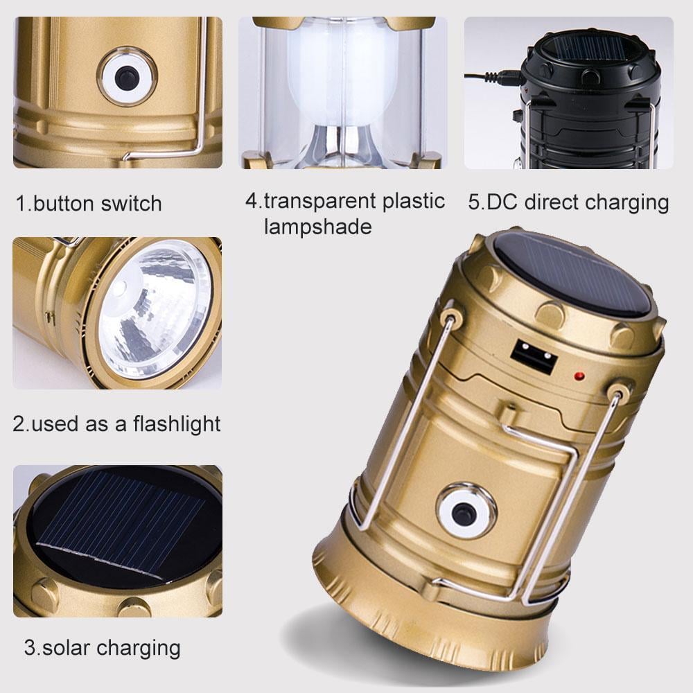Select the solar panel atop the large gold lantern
[573, 273]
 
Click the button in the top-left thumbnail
[127, 78]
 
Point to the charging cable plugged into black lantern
[492, 78]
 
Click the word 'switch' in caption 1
[131, 204]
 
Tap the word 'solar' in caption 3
[66, 648]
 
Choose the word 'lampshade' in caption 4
[317, 227]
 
